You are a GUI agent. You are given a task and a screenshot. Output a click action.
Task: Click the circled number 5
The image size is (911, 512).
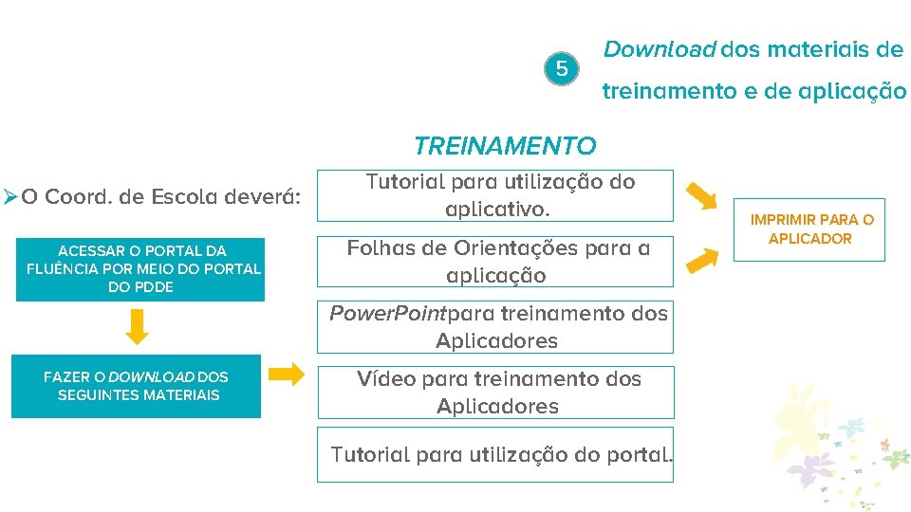pos(562,69)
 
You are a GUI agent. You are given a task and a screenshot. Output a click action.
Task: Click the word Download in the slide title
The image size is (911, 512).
pos(659,49)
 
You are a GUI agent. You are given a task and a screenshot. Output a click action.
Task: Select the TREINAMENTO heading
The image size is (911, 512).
pos(504,146)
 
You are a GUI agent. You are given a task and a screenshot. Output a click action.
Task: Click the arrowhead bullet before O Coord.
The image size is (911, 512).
pos(10,197)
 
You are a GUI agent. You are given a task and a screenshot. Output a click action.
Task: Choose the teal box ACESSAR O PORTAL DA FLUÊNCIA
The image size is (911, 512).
pos(140,268)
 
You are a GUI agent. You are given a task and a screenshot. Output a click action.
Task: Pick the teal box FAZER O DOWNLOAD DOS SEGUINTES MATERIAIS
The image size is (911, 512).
pos(136,386)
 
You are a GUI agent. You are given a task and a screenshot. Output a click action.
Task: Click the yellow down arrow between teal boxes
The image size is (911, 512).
pos(138,326)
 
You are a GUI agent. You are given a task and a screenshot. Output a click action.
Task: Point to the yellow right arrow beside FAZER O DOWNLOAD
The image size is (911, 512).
pos(287,375)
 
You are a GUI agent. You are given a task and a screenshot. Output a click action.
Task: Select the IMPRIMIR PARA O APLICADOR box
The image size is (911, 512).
pos(811,229)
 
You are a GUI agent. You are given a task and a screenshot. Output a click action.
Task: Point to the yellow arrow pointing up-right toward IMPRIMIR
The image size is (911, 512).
pos(701,258)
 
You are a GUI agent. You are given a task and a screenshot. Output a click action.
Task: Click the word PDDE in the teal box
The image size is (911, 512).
pos(155,286)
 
